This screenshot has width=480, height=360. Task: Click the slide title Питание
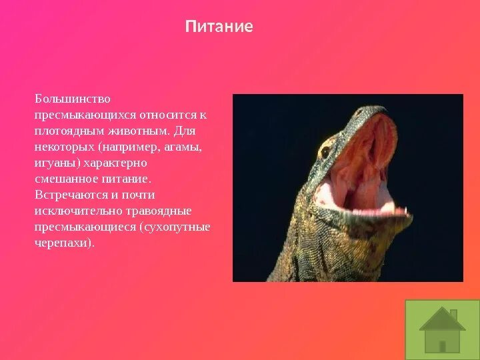point(219,27)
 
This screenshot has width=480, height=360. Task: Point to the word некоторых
point(64,147)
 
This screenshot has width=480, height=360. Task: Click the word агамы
point(183,147)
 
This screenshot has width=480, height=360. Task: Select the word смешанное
point(66,179)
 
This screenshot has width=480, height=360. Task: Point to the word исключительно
point(75,211)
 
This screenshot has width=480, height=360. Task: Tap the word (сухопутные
point(175,227)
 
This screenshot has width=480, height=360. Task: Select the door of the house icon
point(442,345)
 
